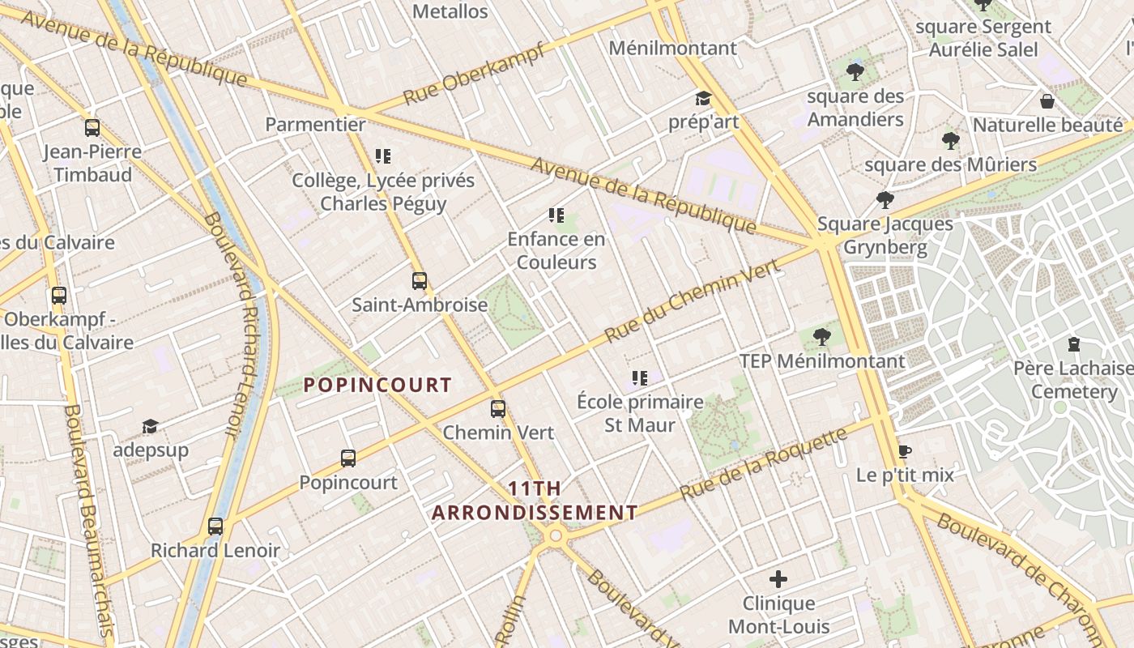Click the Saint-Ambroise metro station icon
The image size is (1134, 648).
tap(419, 281)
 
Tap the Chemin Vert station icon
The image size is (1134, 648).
tap(498, 409)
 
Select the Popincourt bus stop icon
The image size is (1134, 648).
tap(348, 458)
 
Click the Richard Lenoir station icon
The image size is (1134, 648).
tap(215, 526)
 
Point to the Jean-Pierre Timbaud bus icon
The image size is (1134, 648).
tap(92, 128)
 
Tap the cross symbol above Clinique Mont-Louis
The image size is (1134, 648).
tap(778, 579)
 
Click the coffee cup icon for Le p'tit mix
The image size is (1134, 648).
tap(905, 451)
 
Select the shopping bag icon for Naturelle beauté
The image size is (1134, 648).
tap(1047, 101)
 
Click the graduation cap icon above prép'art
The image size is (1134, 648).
tap(703, 99)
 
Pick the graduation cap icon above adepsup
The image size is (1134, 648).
tap(150, 427)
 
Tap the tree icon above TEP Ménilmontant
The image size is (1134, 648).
tap(822, 336)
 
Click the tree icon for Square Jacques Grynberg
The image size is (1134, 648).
tap(885, 199)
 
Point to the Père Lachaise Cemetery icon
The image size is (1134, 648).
tap(1074, 344)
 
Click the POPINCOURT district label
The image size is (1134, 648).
tap(377, 386)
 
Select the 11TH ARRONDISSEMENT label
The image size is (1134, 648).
tap(535, 501)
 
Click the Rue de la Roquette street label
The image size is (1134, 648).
tap(764, 463)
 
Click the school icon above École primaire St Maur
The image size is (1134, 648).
tap(640, 378)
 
